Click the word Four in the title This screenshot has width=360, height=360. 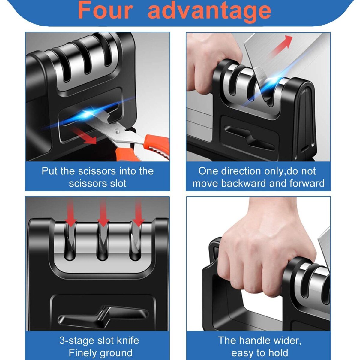pyautogui.click(x=106, y=10)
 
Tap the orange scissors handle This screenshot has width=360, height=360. pyautogui.click(x=142, y=149)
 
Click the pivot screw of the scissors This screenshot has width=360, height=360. pyautogui.click(x=117, y=131)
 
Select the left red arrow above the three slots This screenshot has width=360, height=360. pyautogui.click(x=71, y=213)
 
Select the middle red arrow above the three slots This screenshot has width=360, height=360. pyautogui.click(x=103, y=213)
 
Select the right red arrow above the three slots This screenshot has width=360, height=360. pyautogui.click(x=138, y=213)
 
